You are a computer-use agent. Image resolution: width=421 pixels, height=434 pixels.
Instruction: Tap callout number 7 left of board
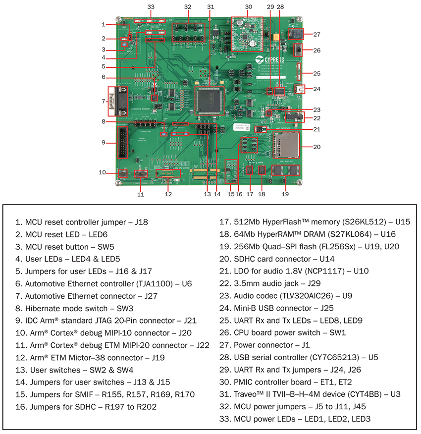(x=104, y=101)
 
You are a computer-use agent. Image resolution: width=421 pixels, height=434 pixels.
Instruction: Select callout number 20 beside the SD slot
(x=317, y=146)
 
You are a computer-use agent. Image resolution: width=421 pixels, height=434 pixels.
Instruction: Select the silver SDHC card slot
(x=286, y=145)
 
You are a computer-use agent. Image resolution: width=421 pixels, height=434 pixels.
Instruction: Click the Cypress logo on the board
(x=270, y=59)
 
